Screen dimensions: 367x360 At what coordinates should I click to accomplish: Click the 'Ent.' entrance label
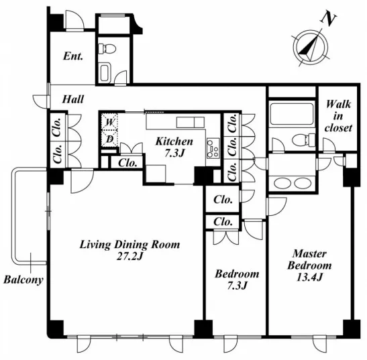point(73,56)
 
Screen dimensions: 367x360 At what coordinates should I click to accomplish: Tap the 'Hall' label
point(72,99)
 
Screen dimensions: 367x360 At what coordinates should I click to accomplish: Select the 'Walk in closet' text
point(338,116)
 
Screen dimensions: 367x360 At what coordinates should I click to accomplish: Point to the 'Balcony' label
point(23,280)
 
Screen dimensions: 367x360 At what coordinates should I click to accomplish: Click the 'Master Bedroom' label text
point(309,259)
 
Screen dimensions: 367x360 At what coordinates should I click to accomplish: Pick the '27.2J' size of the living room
point(129,256)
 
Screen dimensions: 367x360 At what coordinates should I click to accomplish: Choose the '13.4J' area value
point(309,277)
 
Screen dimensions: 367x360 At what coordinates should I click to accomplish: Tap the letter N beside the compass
point(329,19)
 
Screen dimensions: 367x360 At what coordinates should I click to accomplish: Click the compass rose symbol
point(311,46)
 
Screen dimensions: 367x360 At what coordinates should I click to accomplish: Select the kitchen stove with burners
point(213,148)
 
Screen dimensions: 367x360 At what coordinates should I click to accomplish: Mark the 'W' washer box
point(109,121)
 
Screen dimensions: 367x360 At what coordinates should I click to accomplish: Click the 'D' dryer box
point(109,139)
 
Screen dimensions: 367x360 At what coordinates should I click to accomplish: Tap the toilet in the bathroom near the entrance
point(107,49)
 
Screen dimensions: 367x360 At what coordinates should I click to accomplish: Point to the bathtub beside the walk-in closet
point(292,114)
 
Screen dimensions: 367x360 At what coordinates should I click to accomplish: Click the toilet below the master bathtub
point(303,139)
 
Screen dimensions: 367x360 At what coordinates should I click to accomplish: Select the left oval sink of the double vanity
point(282,183)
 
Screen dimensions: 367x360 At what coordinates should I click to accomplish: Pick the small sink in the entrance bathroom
point(105,72)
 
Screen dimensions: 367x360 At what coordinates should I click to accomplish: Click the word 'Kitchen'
point(174,141)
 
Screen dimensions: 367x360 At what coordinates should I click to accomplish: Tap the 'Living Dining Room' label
point(130,245)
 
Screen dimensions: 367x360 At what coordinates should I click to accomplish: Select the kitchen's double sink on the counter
point(191,122)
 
